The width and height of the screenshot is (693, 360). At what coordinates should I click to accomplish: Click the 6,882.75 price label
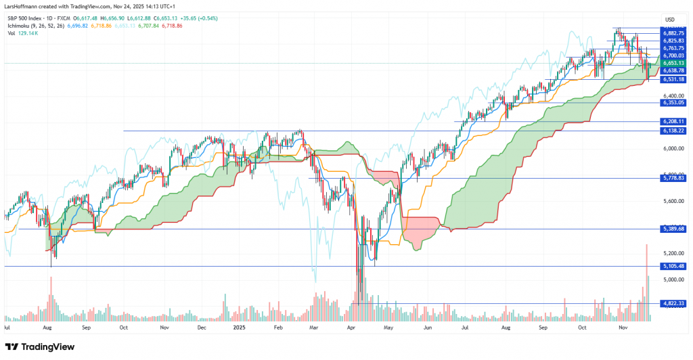[674, 32]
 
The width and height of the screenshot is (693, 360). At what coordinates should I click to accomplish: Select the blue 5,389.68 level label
[674, 229]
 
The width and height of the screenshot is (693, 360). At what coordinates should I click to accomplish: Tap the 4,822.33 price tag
[674, 303]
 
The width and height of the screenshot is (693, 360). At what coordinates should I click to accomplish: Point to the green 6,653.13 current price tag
[674, 63]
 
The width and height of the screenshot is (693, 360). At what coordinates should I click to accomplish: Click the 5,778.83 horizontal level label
[674, 178]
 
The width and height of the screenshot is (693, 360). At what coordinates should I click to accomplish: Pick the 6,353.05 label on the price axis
[674, 103]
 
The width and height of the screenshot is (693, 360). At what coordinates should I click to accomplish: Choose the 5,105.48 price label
[674, 266]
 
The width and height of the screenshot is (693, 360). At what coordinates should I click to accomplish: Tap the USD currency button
[670, 18]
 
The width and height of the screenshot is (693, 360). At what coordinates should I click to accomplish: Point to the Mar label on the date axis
[313, 328]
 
